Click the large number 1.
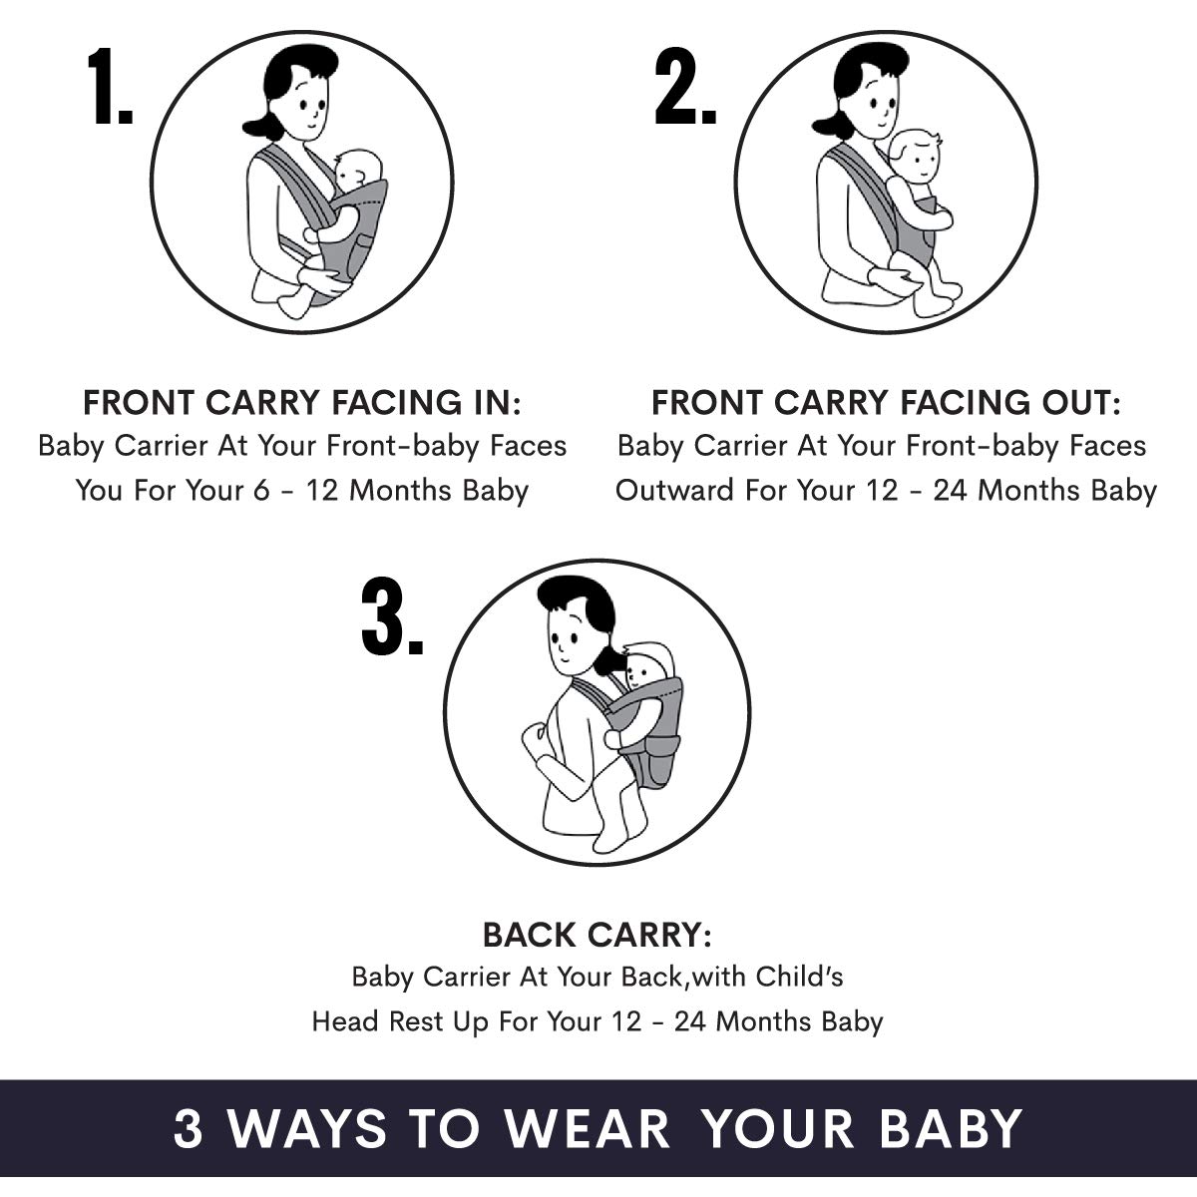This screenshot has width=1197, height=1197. (x=110, y=87)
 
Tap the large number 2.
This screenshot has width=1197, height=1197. (x=685, y=87)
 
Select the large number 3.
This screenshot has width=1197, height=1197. (x=392, y=616)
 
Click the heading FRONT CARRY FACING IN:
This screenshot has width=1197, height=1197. (x=302, y=403)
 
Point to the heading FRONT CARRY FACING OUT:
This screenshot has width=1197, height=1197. (x=887, y=403)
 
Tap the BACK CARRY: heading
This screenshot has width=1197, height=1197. (x=597, y=935)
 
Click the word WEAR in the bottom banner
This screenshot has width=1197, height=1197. (x=588, y=1127)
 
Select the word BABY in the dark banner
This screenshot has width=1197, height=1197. (x=951, y=1127)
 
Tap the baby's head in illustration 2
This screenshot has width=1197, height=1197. (x=915, y=157)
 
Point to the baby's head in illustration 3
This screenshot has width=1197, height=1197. (x=649, y=667)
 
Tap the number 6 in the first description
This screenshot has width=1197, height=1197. (x=261, y=491)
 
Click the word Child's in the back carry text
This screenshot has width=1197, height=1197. (x=799, y=977)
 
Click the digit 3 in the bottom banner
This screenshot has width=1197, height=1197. (x=189, y=1127)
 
